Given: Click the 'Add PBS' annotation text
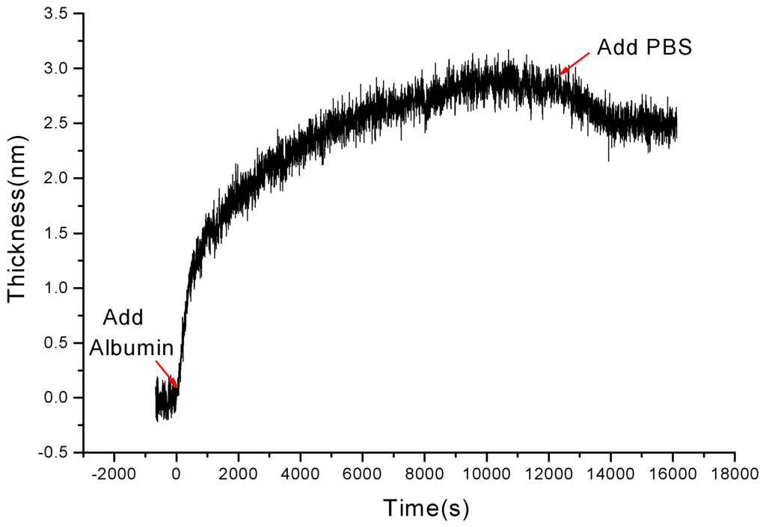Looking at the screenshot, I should pyautogui.click(x=644, y=48).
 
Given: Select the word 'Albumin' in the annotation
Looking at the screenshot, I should pyautogui.click(x=133, y=348).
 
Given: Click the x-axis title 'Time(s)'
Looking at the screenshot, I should pyautogui.click(x=426, y=508).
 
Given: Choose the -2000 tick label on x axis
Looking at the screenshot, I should pyautogui.click(x=114, y=472).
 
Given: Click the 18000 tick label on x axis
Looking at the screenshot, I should pyautogui.click(x=734, y=472).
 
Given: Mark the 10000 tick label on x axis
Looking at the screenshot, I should pyautogui.click(x=486, y=472).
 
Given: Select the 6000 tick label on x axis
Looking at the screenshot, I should pyautogui.click(x=362, y=472).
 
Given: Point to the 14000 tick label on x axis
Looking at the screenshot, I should pyautogui.click(x=610, y=472).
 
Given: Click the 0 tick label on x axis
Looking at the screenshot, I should pyautogui.click(x=177, y=472).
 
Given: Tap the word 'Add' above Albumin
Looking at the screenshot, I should pyautogui.click(x=122, y=317).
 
